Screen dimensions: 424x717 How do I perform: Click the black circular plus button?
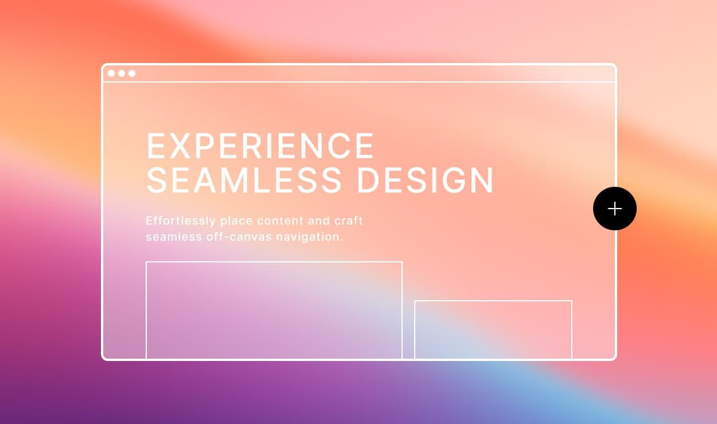click(614, 209)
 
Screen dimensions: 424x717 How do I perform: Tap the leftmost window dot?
click(111, 73)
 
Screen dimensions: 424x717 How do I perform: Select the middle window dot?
click(122, 73)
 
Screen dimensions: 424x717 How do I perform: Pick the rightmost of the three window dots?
click(132, 73)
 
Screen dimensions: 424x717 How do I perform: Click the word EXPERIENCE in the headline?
click(261, 146)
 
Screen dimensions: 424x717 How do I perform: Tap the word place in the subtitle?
click(236, 221)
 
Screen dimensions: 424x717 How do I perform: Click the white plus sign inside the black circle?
click(614, 209)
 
